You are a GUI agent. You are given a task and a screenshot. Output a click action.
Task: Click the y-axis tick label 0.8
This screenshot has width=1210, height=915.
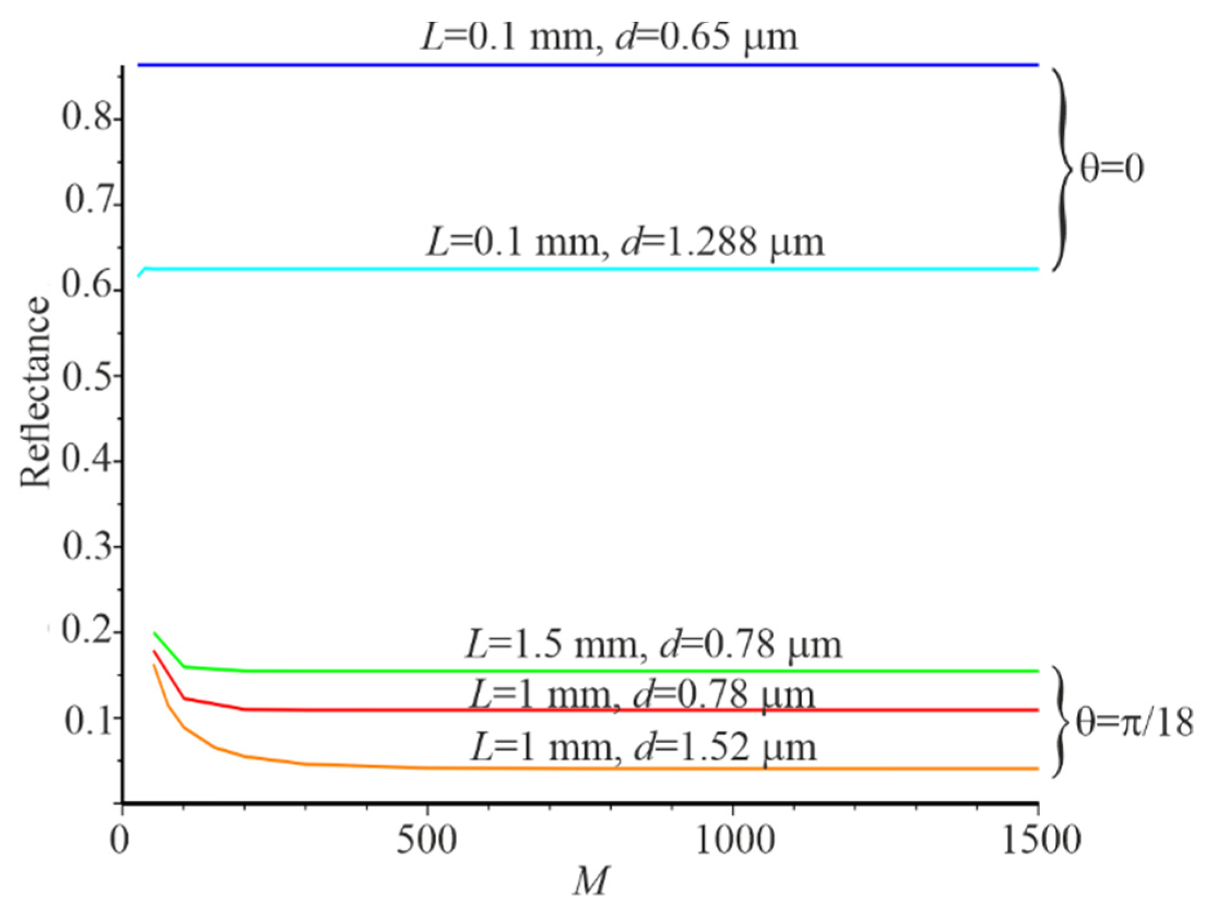tap(86, 118)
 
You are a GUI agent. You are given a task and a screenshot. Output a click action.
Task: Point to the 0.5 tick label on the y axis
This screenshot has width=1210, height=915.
tap(86, 377)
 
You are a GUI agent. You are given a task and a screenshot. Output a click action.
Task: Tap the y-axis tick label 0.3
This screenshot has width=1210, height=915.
tap(86, 547)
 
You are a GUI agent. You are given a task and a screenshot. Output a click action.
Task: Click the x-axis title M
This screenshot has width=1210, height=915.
tap(590, 881)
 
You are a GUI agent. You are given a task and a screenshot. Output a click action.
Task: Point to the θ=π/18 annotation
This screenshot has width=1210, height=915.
tap(1134, 723)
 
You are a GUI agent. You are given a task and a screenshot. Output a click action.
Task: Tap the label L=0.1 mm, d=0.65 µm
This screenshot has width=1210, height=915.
tap(608, 37)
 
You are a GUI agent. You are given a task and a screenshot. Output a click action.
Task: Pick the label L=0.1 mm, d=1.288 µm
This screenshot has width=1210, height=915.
tap(625, 242)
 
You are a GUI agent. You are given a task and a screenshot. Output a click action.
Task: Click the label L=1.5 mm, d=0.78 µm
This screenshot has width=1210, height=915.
tap(653, 645)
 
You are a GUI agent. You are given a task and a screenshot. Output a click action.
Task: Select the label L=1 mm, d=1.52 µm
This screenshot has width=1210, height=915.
tap(643, 748)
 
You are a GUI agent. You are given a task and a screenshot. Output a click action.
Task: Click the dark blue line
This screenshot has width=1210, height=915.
tap(583, 65)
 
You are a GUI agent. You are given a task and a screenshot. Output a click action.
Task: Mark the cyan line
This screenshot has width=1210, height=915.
tap(583, 269)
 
